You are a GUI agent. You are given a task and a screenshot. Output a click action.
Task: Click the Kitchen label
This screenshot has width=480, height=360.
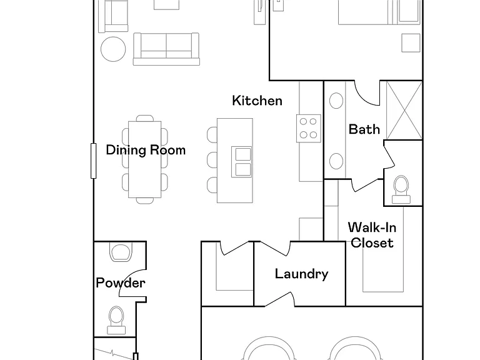[257, 101]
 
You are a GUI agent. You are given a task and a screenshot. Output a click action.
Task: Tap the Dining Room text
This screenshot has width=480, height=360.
[146, 150]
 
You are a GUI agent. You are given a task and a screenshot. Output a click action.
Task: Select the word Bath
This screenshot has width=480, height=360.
[364, 129]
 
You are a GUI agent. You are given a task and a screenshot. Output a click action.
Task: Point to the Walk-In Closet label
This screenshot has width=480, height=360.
[372, 235]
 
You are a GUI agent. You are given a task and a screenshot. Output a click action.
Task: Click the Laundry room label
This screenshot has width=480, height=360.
[301, 274]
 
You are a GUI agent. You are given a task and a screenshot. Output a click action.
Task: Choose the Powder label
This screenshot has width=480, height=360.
[120, 283]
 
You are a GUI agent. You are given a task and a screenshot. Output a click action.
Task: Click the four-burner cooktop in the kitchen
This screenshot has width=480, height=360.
[309, 128]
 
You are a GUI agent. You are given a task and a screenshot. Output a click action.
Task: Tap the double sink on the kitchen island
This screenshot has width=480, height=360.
[241, 162]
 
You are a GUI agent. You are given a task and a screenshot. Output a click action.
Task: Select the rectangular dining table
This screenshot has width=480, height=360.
[145, 159]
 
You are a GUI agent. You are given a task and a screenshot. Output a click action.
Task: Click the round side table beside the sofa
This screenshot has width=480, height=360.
[113, 49]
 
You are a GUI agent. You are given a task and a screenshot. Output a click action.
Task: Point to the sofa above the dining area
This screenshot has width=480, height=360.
[166, 49]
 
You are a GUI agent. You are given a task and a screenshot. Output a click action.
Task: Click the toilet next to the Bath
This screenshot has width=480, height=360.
[401, 190]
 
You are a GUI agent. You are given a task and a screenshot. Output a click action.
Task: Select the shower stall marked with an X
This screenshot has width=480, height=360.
[405, 110]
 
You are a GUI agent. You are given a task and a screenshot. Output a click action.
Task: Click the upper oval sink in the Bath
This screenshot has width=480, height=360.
[336, 101]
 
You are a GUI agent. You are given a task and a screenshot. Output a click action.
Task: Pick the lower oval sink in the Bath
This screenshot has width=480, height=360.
[336, 161]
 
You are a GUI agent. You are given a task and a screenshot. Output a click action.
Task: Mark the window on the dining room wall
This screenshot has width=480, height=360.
[94, 161]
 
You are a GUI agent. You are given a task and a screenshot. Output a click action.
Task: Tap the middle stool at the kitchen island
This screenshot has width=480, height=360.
[212, 160]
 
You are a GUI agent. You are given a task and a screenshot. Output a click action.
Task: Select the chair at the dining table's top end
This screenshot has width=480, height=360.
[145, 118]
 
